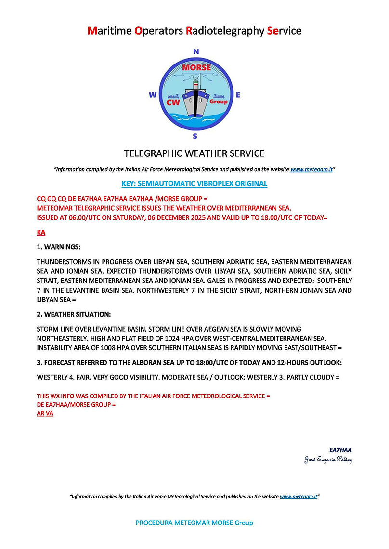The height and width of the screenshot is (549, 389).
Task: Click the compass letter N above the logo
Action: (195, 51)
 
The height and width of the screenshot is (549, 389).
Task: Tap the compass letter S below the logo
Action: (195, 136)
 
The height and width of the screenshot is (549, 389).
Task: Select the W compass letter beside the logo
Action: (153, 95)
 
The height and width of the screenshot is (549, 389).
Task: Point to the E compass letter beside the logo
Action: (238, 95)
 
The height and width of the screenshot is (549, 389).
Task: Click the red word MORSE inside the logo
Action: (196, 68)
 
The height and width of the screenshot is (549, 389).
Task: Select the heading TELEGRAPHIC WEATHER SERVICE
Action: (194, 153)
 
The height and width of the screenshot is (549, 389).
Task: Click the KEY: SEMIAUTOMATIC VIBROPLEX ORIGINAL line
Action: (194, 184)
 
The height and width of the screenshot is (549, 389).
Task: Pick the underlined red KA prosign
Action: (41, 233)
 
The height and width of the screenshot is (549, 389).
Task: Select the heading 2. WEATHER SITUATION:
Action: (74, 314)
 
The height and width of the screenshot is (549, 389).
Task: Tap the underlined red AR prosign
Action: (40, 413)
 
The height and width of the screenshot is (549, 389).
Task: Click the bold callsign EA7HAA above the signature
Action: (340, 450)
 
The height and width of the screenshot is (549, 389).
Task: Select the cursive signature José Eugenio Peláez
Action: (328, 460)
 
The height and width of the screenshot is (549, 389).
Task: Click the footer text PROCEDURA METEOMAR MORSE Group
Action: (194, 523)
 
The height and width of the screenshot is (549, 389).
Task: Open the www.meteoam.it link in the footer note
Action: (298, 496)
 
